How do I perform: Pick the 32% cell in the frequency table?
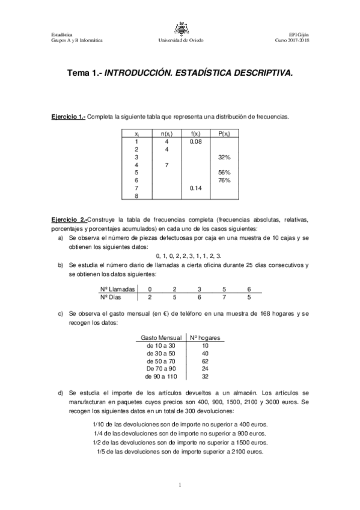coord(225,157)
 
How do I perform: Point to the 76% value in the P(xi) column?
coord(225,180)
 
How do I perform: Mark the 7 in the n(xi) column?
coord(166,165)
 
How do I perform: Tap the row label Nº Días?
coord(112,297)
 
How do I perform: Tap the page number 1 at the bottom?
coord(180,485)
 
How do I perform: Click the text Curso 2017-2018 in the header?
coord(292,40)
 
